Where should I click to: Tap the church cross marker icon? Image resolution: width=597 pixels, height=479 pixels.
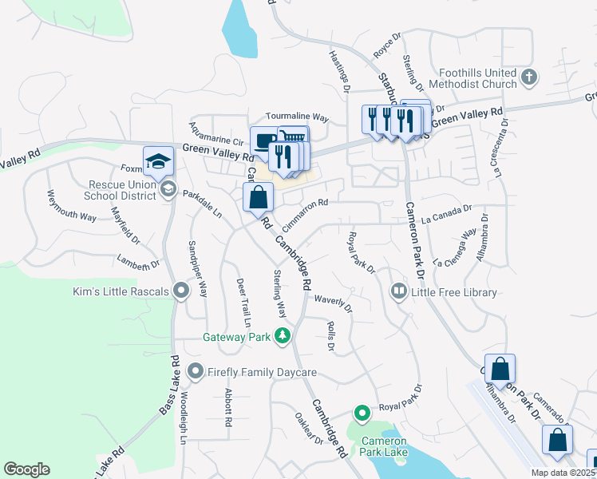point(528,77)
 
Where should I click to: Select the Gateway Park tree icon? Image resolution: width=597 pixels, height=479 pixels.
point(282,337)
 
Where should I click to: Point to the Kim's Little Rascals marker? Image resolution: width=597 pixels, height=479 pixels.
point(181,291)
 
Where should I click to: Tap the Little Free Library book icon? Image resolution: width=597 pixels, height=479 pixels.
point(398,292)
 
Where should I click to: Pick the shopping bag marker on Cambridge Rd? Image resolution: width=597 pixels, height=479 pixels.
point(259,197)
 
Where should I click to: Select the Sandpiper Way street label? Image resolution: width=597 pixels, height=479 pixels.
point(197,268)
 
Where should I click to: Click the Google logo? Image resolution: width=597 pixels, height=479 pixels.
point(26,469)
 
